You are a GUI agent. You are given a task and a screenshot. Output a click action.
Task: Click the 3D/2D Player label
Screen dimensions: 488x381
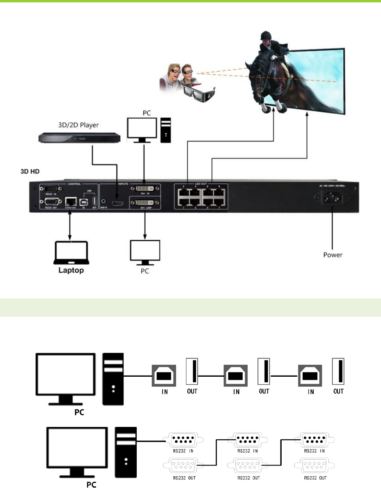point(78,125)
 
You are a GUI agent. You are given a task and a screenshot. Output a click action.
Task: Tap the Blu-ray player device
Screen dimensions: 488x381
point(79,138)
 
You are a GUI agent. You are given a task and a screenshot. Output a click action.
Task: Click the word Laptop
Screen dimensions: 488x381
point(71,270)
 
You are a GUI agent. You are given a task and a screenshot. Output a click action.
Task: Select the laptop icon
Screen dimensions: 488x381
point(71,252)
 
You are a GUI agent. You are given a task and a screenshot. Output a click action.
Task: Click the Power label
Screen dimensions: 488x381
point(333,255)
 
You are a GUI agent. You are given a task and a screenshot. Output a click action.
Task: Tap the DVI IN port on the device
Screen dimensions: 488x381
point(145,189)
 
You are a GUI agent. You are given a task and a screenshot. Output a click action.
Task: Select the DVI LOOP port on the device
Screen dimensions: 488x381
point(145,203)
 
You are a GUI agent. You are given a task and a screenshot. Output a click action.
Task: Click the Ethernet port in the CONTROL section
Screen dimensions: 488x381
point(71,201)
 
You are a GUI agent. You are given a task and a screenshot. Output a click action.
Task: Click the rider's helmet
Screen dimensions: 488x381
point(266,36)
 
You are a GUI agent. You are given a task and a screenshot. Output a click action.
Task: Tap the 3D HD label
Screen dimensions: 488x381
point(30,171)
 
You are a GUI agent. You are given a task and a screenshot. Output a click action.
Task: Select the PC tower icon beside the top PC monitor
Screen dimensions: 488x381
point(166,130)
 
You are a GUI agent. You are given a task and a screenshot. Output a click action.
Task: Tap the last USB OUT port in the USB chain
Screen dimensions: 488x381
point(339,372)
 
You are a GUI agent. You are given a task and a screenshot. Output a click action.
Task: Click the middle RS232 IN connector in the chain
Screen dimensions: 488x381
point(248,440)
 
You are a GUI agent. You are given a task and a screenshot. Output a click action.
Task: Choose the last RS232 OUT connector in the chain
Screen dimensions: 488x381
point(315,465)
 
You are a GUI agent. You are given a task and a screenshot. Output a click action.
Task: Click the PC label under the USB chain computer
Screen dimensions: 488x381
point(79,412)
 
